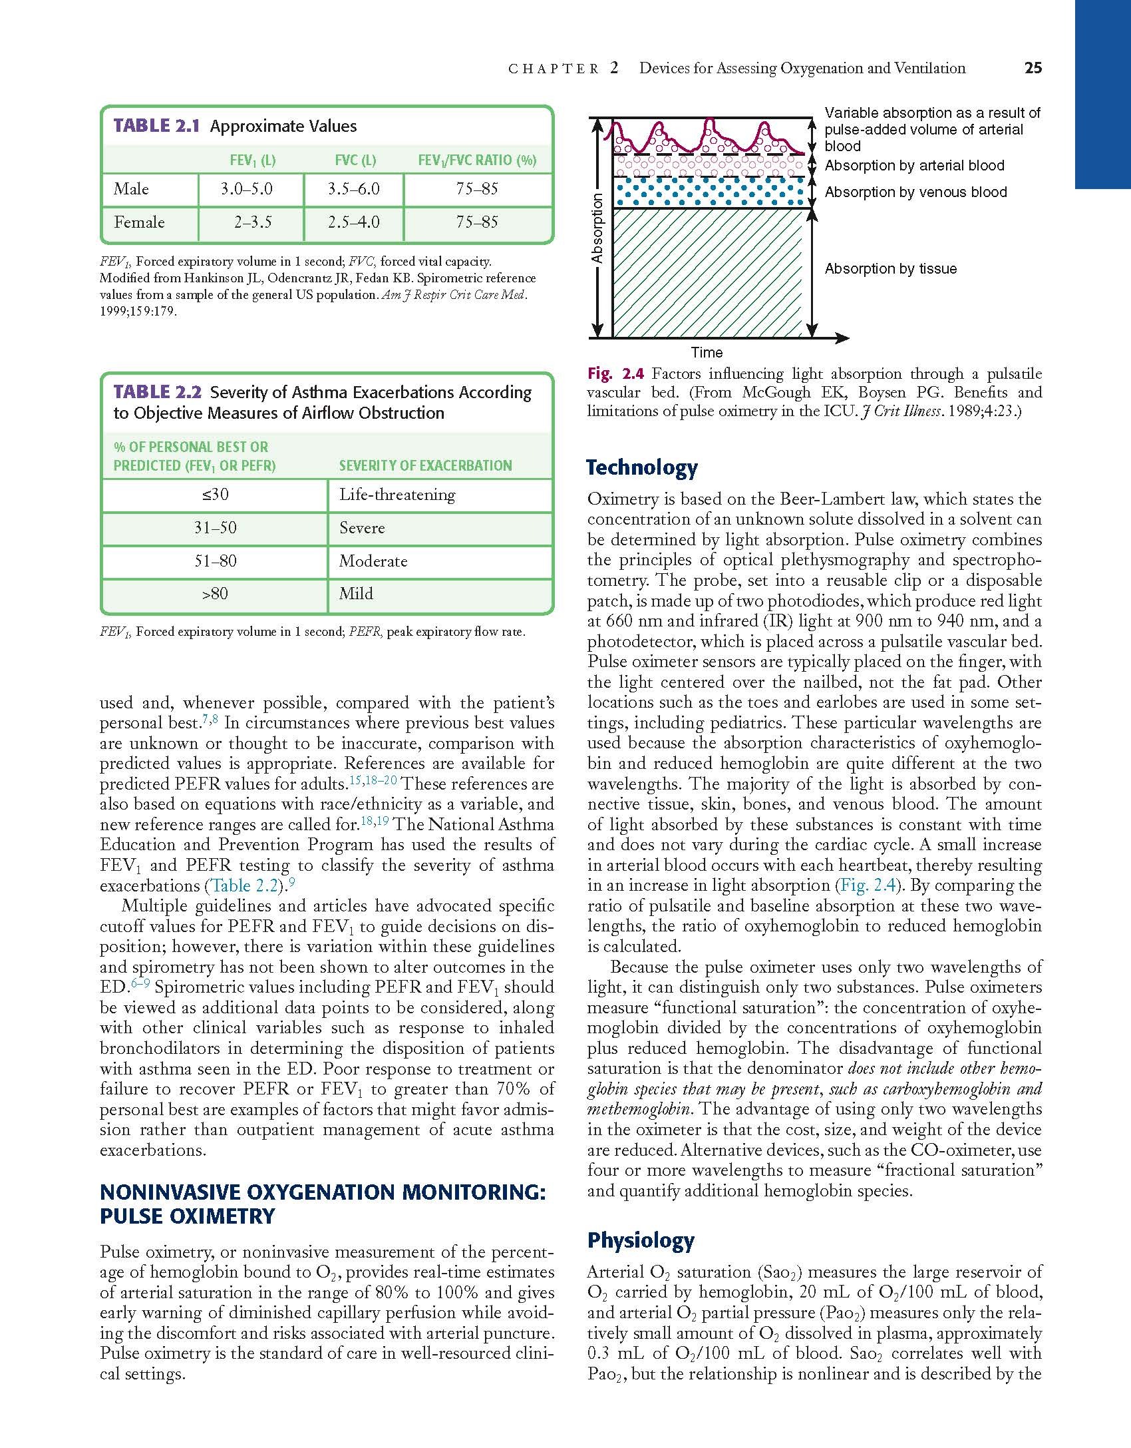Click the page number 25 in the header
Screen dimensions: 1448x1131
pos(1033,68)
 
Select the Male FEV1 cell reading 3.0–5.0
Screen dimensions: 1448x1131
pos(246,189)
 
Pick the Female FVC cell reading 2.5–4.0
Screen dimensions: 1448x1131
pos(353,222)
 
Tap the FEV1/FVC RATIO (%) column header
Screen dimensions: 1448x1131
pos(477,160)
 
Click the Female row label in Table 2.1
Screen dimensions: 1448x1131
pos(139,222)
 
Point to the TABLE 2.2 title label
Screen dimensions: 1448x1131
pos(157,392)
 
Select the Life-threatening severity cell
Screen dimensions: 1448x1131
pos(397,495)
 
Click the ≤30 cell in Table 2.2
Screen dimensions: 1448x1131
pos(215,495)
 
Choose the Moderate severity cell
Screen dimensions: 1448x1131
pos(373,561)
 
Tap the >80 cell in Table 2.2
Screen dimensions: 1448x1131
pos(215,594)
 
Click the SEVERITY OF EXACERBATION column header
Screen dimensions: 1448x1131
pos(425,466)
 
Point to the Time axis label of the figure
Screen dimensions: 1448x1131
pos(707,353)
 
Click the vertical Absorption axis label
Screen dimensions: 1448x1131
pos(597,228)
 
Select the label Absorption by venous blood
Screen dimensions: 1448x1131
pos(915,192)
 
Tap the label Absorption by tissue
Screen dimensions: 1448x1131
pos(890,269)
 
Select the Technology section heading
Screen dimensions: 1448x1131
pos(641,468)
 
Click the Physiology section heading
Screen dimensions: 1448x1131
pos(640,1240)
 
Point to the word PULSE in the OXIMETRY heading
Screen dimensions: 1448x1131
pos(132,1216)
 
